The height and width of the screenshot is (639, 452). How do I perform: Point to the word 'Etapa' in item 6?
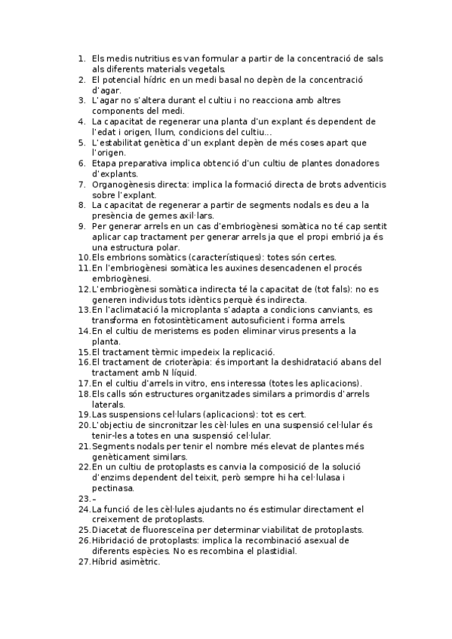click(x=105, y=164)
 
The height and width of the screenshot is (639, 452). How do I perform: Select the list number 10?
click(x=83, y=258)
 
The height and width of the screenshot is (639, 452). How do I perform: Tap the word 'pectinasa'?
click(x=112, y=488)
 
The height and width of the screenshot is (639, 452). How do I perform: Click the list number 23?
click(x=83, y=499)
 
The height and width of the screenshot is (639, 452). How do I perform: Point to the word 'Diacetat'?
click(x=110, y=530)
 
